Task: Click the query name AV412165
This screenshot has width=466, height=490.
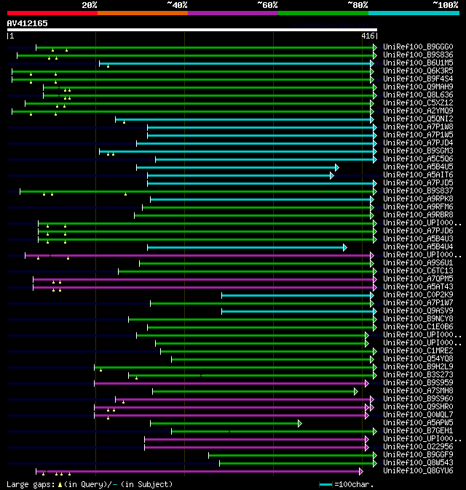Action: point(28,23)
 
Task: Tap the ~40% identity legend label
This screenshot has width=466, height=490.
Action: point(177,4)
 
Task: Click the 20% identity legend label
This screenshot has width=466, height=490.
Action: point(90,4)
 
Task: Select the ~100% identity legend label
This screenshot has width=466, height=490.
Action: point(446,4)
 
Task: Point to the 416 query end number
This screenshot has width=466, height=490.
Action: point(368,35)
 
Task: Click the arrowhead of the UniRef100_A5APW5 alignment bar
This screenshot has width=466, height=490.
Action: point(299,423)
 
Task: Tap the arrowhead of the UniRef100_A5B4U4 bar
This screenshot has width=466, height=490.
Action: point(344,247)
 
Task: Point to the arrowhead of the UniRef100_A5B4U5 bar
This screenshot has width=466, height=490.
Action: point(336,167)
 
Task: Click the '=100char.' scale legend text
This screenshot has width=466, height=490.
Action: point(352,484)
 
